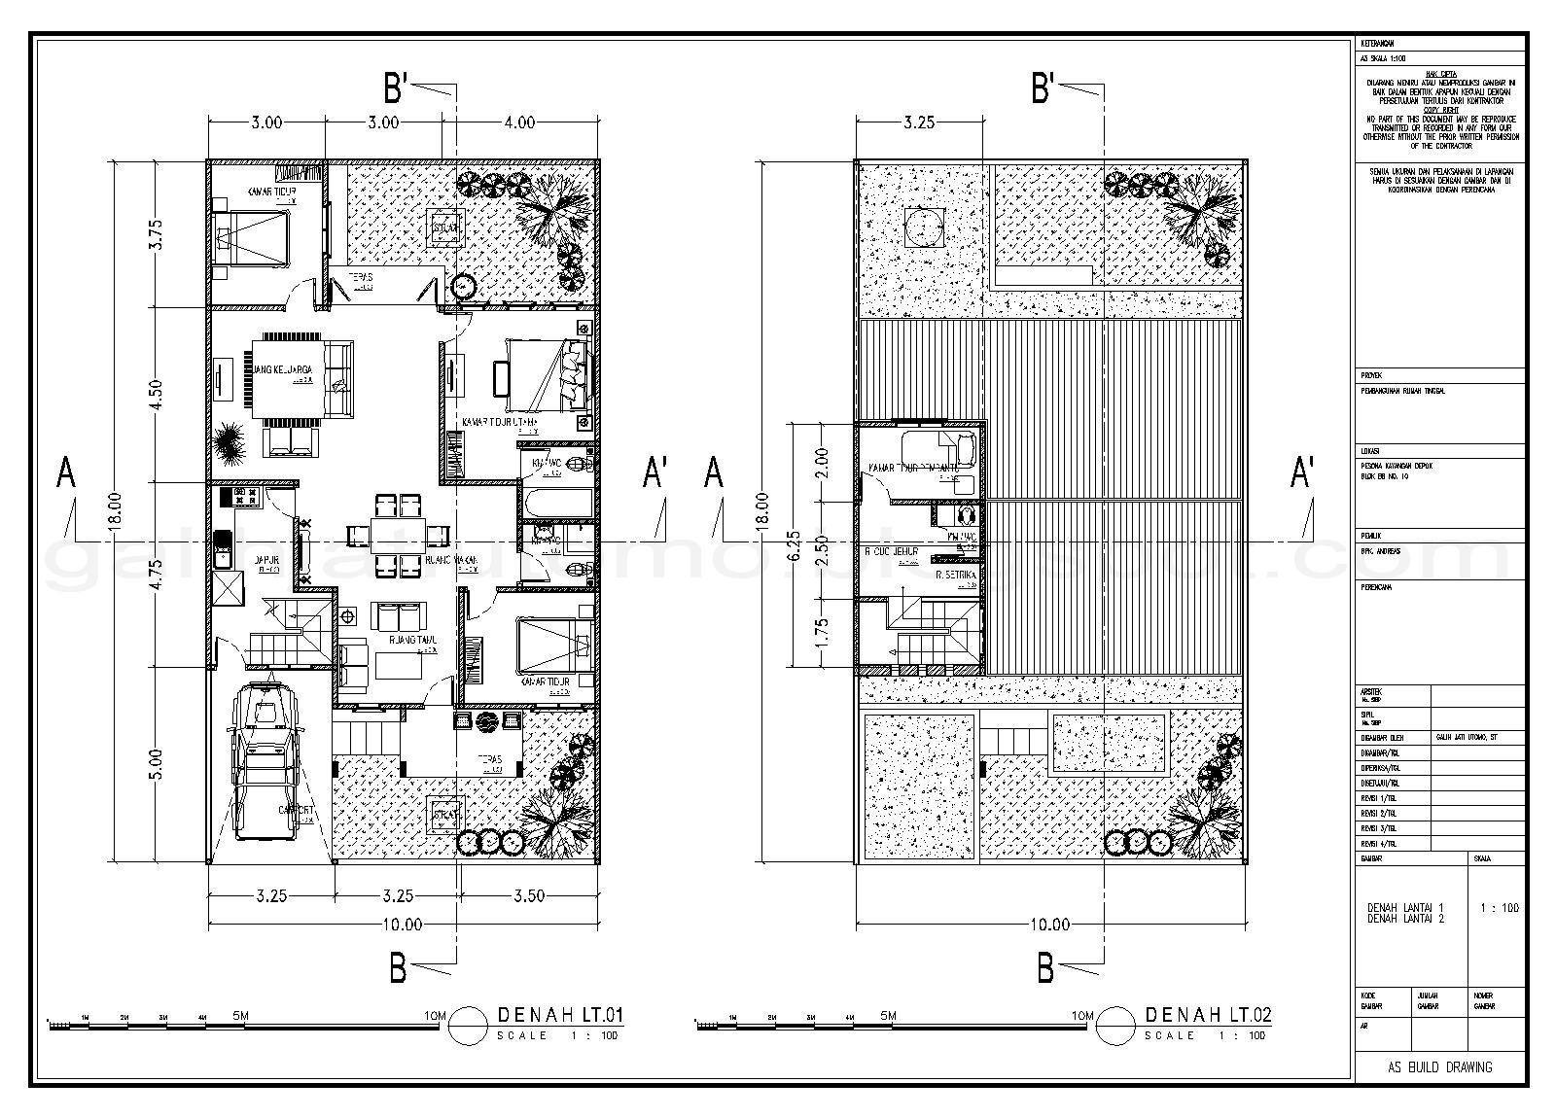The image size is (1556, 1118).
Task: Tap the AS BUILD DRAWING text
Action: tap(1440, 1067)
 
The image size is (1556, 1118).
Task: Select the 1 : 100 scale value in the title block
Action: tap(1499, 908)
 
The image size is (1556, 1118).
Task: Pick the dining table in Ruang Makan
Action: tap(397, 534)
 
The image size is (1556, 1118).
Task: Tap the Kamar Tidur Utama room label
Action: tap(500, 423)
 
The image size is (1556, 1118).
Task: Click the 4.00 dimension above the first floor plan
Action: tap(519, 122)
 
